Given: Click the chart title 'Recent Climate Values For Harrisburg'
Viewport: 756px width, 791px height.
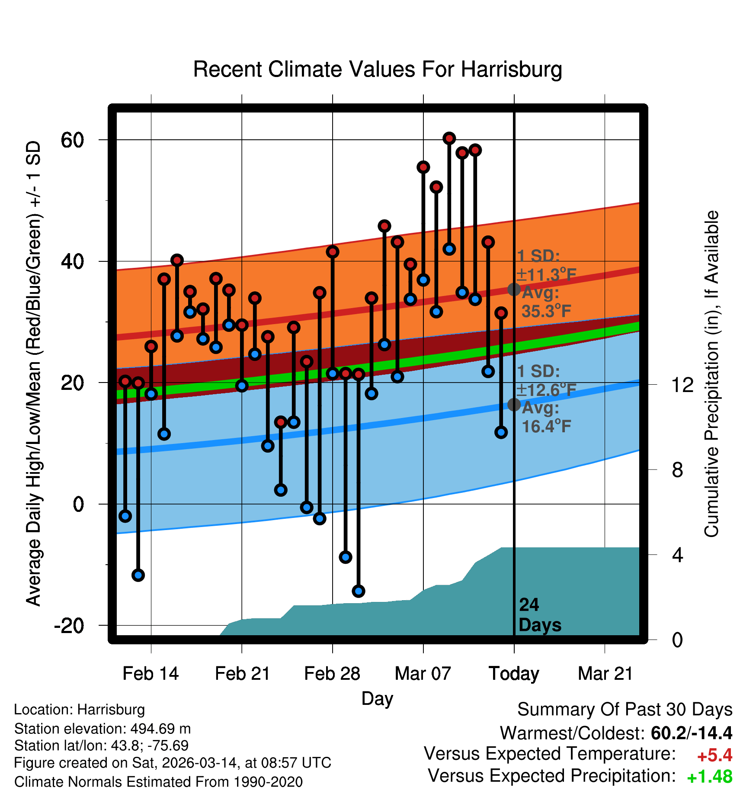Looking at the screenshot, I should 378,69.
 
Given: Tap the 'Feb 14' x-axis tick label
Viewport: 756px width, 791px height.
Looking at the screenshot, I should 151,674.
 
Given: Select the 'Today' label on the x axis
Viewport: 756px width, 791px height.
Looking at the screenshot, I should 514,674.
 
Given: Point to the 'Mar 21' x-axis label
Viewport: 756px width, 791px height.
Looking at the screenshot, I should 605,674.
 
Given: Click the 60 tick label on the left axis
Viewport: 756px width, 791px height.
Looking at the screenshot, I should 72,140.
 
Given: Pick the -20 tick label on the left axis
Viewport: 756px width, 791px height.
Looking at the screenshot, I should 69,626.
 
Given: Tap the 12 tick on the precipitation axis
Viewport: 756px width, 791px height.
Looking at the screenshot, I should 682,385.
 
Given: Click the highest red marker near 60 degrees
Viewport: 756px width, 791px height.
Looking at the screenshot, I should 449,138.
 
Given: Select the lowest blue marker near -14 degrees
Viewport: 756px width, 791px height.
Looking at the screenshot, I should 358,591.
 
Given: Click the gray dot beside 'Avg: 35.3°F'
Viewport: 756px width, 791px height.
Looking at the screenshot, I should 514,289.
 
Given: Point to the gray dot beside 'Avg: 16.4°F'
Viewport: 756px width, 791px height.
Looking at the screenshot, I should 514,405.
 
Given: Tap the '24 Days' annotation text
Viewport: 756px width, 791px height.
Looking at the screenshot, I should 539,615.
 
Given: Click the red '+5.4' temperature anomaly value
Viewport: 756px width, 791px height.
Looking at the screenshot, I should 714,756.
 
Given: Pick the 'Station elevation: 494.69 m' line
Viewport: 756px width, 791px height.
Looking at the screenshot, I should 103,729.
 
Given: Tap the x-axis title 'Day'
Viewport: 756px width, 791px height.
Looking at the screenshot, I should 377,698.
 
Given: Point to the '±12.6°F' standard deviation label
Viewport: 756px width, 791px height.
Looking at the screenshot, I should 546,390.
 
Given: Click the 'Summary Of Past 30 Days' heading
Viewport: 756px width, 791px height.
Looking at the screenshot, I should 625,710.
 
